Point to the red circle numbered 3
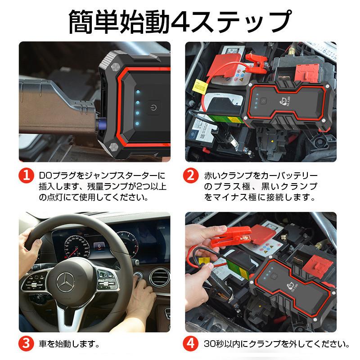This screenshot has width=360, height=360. coord(27,345)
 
